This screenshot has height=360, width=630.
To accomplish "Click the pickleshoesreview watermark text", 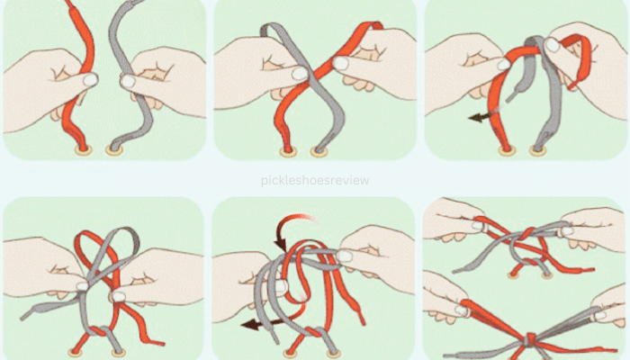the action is [315, 181].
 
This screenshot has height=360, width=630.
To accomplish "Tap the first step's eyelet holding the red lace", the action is [83, 150].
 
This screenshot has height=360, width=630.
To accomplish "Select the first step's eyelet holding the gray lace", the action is [114, 150].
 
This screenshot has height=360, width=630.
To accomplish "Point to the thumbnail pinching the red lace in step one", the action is [90, 80].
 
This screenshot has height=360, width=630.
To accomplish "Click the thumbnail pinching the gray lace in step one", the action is [128, 82].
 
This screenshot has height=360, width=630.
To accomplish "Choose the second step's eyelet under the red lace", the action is [289, 152].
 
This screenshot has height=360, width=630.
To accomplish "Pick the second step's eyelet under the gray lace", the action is [319, 152].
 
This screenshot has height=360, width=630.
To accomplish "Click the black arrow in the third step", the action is [480, 117].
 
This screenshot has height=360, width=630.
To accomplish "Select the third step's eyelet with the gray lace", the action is [538, 150].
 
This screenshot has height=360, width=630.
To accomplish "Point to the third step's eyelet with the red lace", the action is [507, 150].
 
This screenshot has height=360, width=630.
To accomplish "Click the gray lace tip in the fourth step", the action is [25, 315].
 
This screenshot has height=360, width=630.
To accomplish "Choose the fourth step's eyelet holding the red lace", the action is [75, 353].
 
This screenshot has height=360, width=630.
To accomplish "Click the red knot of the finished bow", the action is [530, 339].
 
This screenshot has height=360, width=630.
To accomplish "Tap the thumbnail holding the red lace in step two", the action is [341, 63].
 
